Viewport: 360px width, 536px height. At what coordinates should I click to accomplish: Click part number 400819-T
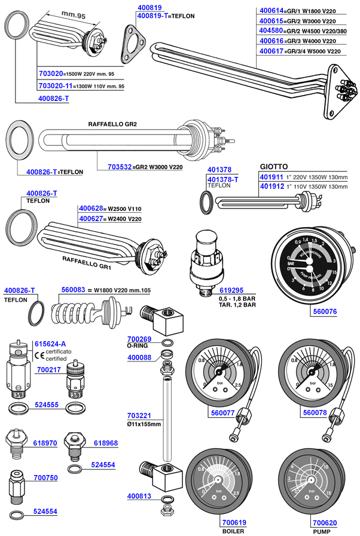pos(150,16)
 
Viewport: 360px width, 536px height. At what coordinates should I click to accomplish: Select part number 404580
pos(270,30)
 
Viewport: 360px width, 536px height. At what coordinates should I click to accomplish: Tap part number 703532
pos(119,167)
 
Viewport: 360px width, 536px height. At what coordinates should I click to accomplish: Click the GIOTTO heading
pos(274,166)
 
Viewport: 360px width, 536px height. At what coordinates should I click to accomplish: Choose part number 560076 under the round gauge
pos(325,311)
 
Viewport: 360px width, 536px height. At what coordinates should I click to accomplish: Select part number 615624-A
pos(50,344)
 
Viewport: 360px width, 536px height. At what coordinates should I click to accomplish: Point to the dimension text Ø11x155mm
pos(144,424)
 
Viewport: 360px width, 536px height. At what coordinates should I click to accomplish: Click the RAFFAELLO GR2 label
pos(112,124)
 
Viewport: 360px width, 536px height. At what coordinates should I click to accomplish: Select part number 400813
pos(139,496)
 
